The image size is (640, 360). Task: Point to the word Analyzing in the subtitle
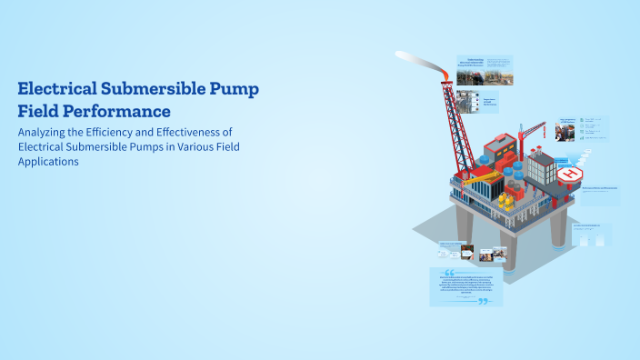[46, 132]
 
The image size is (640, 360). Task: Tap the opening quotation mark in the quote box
[448, 272]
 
